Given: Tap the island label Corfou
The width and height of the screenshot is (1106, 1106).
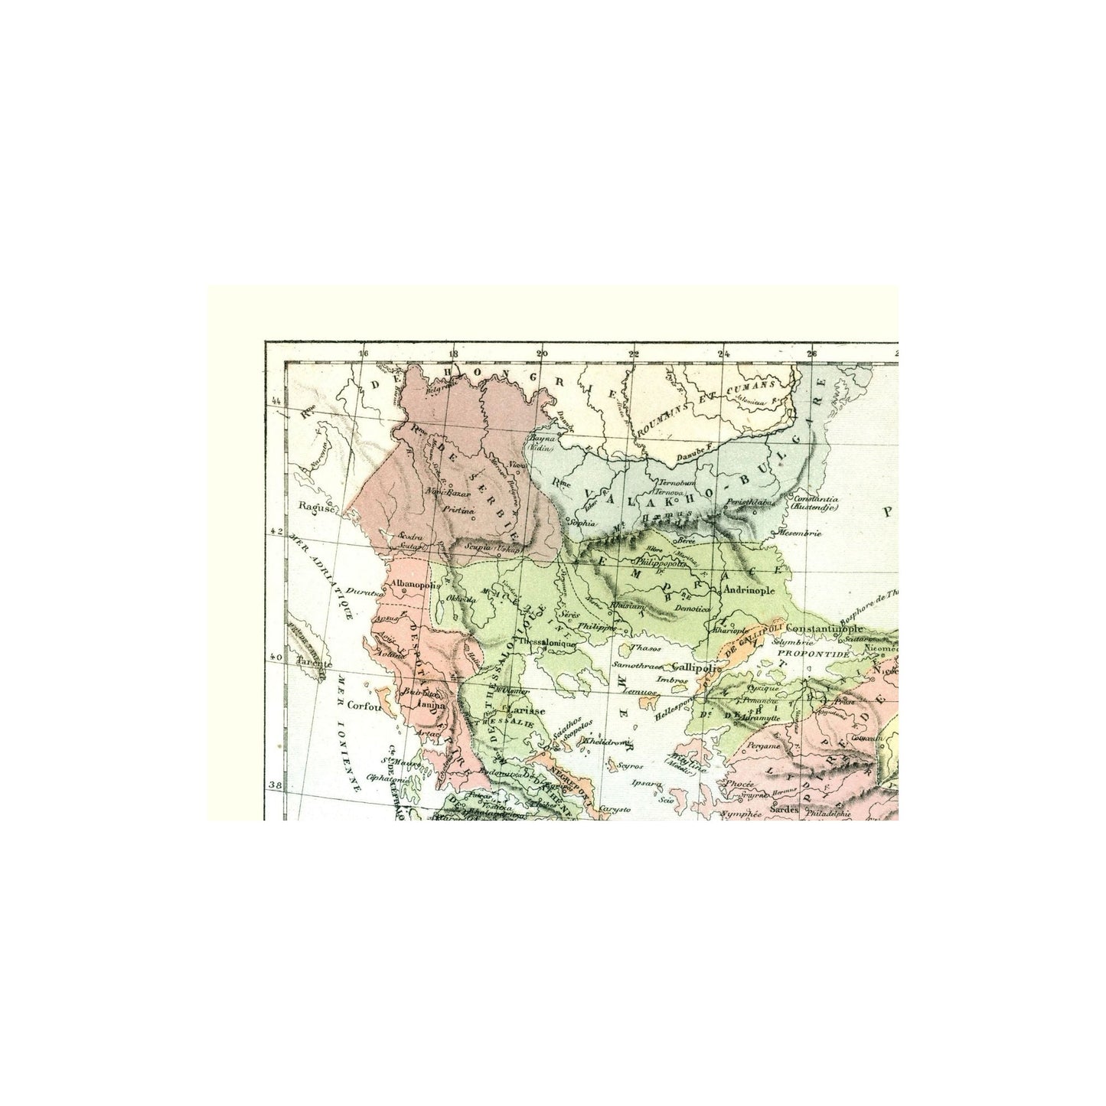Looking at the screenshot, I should tap(363, 707).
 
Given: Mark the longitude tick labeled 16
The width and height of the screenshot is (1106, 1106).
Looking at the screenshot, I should tap(363, 354).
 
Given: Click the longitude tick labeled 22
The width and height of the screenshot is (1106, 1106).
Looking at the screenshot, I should tap(634, 354).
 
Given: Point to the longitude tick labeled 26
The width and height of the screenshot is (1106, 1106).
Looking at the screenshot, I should tap(812, 354).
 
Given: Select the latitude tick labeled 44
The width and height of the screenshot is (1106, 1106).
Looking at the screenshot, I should tap(276, 401).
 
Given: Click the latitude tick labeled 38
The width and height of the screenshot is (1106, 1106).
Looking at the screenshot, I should tap(276, 785).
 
